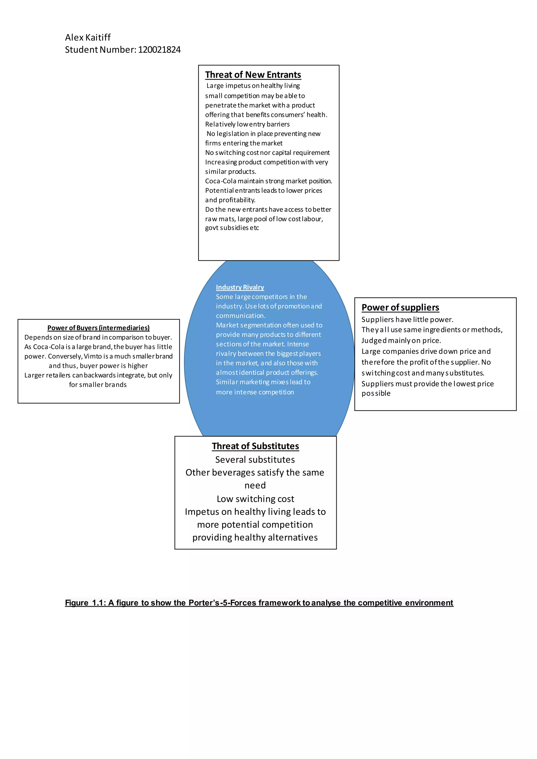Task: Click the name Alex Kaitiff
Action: [88, 37]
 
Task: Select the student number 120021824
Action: [159, 50]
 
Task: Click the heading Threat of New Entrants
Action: [253, 75]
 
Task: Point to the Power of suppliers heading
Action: [400, 307]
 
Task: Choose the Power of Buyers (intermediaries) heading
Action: [98, 328]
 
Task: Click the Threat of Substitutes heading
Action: [255, 446]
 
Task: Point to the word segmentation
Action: [260, 325]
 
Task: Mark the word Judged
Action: [374, 340]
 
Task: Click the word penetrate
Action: [220, 105]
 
